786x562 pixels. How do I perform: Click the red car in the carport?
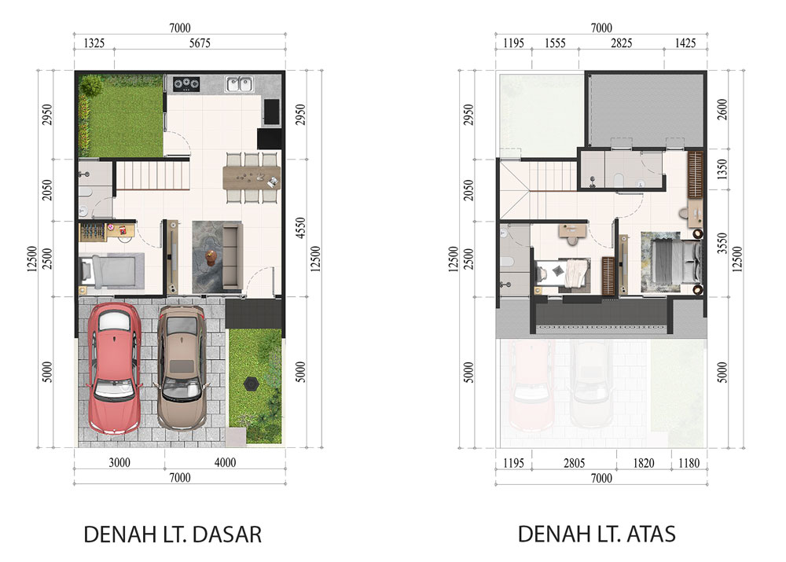[x=115, y=369]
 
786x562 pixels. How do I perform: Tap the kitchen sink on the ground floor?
[x=239, y=84]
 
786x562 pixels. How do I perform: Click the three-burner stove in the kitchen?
[x=186, y=84]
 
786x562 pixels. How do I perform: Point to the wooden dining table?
[x=252, y=178]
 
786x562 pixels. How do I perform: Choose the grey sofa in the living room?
[x=233, y=257]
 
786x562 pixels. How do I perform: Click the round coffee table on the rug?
[x=211, y=258]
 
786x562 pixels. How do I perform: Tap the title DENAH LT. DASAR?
[x=172, y=534]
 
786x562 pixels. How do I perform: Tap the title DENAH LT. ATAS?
[x=597, y=534]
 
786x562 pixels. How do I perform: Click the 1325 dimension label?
[x=94, y=43]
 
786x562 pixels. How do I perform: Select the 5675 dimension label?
[x=200, y=43]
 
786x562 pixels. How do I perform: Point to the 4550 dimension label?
[x=300, y=228]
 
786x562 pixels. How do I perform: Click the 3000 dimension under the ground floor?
[x=119, y=462]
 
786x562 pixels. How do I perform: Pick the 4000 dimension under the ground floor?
[x=225, y=462]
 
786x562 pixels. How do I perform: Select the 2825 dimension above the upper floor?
[x=621, y=43]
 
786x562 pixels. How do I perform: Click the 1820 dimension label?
[x=644, y=463]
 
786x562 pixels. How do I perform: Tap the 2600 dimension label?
[x=722, y=109]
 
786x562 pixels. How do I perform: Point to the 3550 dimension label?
[x=722, y=243]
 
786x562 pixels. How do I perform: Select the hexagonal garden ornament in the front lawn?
[x=252, y=384]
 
